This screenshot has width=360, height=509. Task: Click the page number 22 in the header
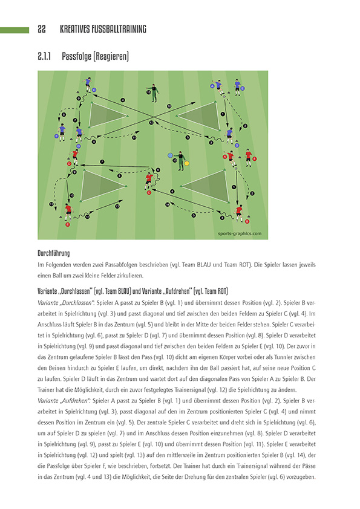[x=42, y=29]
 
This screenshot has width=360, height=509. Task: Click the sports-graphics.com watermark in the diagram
[x=240, y=233]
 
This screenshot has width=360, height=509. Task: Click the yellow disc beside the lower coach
[x=187, y=163]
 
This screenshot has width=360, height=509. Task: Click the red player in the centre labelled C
[x=149, y=180]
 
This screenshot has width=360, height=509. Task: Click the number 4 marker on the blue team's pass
[x=122, y=100]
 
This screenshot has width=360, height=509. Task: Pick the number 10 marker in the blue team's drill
[x=169, y=106]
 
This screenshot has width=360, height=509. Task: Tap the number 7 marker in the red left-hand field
[x=102, y=161]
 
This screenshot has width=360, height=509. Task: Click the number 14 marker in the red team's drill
[x=167, y=204]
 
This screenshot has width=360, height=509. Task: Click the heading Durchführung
[x=53, y=253]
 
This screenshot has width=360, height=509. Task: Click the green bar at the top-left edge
[x=15, y=29]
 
